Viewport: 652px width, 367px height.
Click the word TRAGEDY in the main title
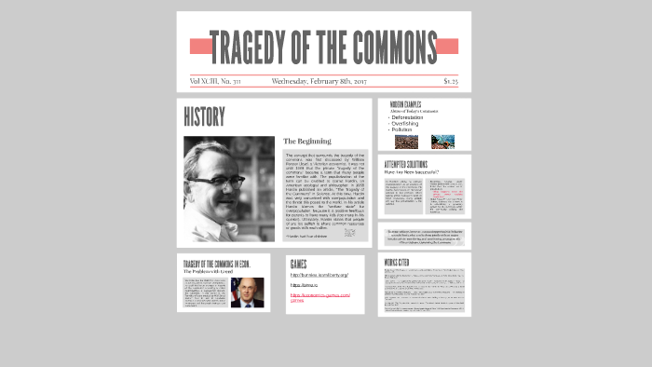coord(245,46)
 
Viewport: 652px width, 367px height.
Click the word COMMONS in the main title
coord(391,46)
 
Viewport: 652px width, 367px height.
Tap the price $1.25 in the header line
coord(450,81)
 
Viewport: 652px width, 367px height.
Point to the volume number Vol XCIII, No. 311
coord(214,81)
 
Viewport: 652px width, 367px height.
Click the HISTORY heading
coord(204,117)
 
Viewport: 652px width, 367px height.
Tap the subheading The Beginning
coord(306,142)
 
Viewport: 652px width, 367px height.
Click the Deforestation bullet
coord(413,117)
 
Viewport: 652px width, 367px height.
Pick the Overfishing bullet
coord(410,123)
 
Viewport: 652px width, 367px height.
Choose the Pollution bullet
coord(405,129)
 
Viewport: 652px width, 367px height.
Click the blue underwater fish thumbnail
coord(442,142)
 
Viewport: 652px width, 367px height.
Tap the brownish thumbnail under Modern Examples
coord(406,142)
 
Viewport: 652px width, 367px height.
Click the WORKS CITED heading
coord(397,263)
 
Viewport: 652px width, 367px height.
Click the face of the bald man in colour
coord(247,291)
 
